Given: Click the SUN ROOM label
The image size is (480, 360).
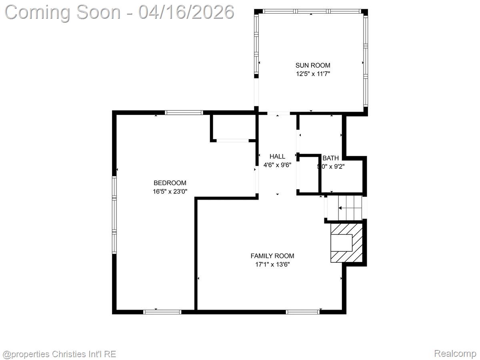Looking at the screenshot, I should click(313, 65).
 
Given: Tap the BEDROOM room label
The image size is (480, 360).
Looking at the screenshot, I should click(170, 183).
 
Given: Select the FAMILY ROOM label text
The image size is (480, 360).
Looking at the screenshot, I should click(272, 256).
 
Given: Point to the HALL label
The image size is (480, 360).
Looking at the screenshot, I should click(277, 156).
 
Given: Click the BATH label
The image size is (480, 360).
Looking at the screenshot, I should click(330, 158).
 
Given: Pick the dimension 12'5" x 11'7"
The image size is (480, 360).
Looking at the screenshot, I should click(313, 74).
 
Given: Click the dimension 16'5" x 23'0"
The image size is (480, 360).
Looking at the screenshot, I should click(170, 192).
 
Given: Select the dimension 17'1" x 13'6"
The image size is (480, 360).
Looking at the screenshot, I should click(272, 264).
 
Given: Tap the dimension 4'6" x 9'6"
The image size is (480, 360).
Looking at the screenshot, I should click(277, 165).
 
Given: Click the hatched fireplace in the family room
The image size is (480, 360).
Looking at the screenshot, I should click(346, 243).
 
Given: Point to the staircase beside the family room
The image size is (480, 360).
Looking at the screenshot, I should click(345, 207).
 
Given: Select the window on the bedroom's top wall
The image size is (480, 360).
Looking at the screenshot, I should click(184, 113).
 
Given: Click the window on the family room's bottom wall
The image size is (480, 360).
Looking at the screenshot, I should click(303, 312).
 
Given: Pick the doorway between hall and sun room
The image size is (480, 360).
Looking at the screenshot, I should click(278, 114).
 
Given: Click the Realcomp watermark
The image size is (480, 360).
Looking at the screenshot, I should click(455, 354).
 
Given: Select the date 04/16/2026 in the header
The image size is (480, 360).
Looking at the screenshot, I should click(186, 12).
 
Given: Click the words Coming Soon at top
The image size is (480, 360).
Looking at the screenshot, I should click(62, 12).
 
